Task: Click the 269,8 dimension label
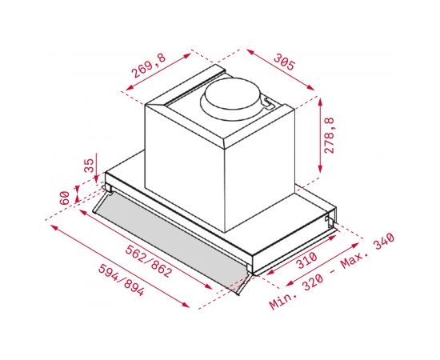[149, 66]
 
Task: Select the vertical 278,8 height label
[329, 135]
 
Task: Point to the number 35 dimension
[89, 166]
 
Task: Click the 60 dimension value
[65, 198]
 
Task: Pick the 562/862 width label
[148, 261]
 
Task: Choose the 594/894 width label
[122, 280]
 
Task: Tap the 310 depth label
[307, 260]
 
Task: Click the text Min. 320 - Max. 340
[332, 271]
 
